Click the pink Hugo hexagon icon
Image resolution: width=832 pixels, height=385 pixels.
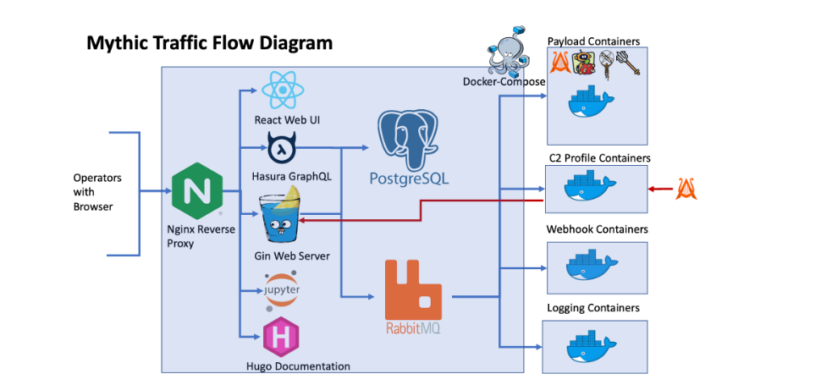pos(280,338)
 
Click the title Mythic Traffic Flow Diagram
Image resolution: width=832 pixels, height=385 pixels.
pos(209,42)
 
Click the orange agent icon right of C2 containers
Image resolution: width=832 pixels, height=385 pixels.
pos(686,189)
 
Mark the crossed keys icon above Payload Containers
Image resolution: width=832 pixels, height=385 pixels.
pos(607,62)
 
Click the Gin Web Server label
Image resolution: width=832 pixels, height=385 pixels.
pos(291,256)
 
